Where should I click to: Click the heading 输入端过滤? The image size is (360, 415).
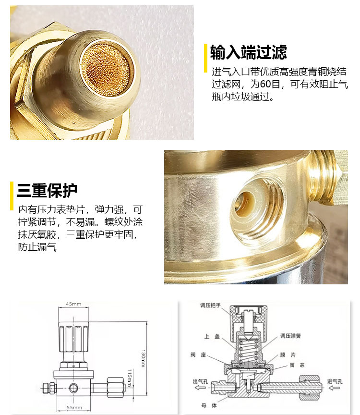(248, 52)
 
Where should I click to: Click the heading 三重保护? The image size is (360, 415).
(47, 190)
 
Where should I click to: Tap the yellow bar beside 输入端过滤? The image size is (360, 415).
(205, 58)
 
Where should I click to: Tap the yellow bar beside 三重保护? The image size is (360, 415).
(12, 196)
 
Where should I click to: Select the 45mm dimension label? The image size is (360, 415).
(73, 304)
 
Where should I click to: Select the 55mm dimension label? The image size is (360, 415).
(74, 407)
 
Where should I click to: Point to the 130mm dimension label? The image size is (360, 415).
(143, 358)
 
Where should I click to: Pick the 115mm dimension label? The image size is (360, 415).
(130, 378)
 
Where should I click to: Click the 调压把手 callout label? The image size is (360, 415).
(210, 305)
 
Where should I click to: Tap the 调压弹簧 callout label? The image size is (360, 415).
(291, 336)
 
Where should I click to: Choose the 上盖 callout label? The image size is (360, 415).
(212, 336)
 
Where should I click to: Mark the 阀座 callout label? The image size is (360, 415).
(198, 354)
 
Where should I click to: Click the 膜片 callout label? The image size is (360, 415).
(288, 354)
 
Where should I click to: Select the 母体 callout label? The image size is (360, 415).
(209, 405)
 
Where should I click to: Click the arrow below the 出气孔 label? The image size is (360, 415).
(200, 388)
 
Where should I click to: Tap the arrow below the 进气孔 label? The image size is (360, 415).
(334, 388)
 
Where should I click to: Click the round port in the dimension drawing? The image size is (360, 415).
(73, 388)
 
